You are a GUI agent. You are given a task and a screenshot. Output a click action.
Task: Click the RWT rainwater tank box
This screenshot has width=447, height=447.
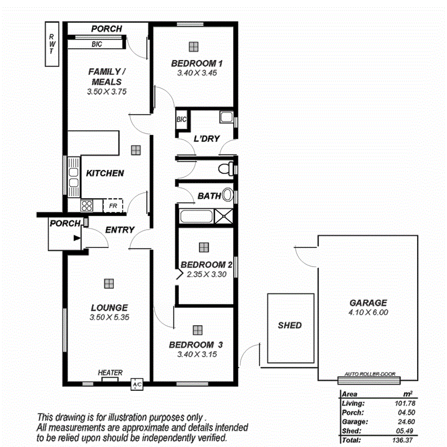pyautogui.click(x=51, y=44)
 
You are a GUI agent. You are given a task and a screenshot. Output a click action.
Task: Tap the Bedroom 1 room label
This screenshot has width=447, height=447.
pyautogui.click(x=197, y=63)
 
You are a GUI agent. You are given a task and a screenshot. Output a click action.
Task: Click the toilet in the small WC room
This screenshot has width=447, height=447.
pyautogui.click(x=224, y=169)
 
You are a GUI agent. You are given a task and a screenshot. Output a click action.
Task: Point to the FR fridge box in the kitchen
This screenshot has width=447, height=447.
pyautogui.click(x=113, y=206)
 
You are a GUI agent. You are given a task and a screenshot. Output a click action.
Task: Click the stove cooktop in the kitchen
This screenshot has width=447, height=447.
pyautogui.click(x=86, y=206)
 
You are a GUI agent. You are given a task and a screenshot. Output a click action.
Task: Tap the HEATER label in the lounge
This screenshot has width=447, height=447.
pyautogui.click(x=110, y=372)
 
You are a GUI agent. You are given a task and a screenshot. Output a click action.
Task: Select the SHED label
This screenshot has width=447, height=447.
pyautogui.click(x=290, y=325)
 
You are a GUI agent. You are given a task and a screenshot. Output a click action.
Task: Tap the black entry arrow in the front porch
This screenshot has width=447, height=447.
pyautogui.click(x=76, y=237)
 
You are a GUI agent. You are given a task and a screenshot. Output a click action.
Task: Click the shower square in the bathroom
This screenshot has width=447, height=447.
pyautogui.click(x=223, y=217)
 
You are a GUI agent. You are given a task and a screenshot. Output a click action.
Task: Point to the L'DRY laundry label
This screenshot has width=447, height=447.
pyautogui.click(x=206, y=139)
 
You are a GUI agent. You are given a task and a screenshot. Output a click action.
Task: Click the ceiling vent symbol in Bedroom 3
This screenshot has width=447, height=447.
pyautogui.click(x=197, y=330)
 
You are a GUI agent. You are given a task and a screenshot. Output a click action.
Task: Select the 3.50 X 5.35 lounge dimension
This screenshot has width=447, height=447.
pyautogui.click(x=110, y=318)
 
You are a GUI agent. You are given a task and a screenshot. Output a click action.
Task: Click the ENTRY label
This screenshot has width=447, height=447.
pyautogui.click(x=120, y=230)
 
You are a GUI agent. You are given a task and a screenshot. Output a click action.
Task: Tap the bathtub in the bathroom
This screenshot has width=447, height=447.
pyautogui.click(x=196, y=217)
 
